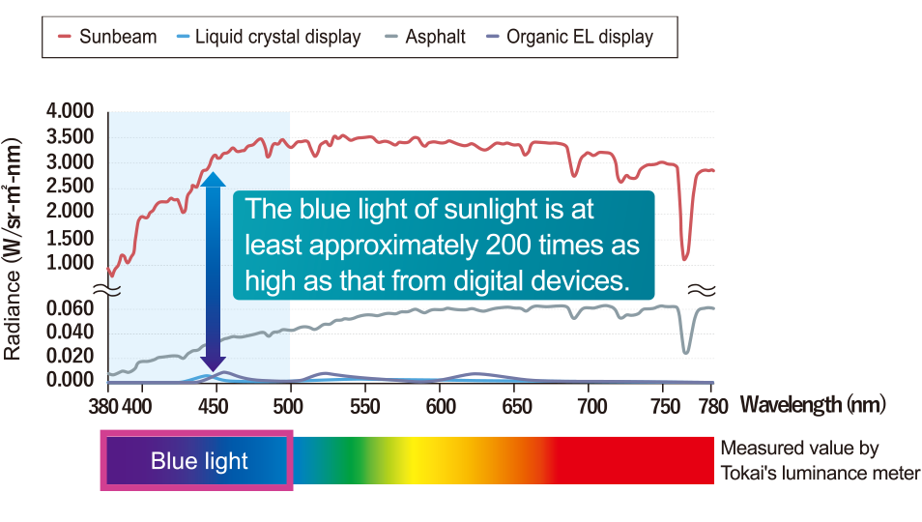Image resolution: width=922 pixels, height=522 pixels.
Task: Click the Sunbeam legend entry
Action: click(107, 37)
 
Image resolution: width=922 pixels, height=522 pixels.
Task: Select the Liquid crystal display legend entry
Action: click(269, 37)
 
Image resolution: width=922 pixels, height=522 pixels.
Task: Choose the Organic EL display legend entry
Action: click(570, 37)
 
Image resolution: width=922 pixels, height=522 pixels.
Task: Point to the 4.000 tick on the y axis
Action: click(70, 110)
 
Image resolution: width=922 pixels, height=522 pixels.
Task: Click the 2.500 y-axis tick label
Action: click(70, 187)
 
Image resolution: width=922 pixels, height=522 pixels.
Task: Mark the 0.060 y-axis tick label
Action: click(70, 308)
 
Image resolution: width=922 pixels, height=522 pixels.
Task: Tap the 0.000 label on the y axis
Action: click(70, 380)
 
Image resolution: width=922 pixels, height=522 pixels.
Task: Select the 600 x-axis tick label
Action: click(441, 406)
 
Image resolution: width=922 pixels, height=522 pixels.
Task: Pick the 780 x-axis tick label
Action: click(713, 406)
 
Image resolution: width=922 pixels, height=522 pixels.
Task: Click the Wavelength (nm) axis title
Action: click(813, 404)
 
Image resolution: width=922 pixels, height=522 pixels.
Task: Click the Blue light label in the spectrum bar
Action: click(199, 461)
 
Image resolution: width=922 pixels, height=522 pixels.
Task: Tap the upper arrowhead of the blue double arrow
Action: click(213, 179)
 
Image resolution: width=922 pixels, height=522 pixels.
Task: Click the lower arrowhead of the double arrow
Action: click(213, 364)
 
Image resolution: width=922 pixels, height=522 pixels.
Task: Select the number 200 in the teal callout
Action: click(508, 245)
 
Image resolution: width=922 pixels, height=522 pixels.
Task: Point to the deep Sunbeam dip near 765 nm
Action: click(684, 256)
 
